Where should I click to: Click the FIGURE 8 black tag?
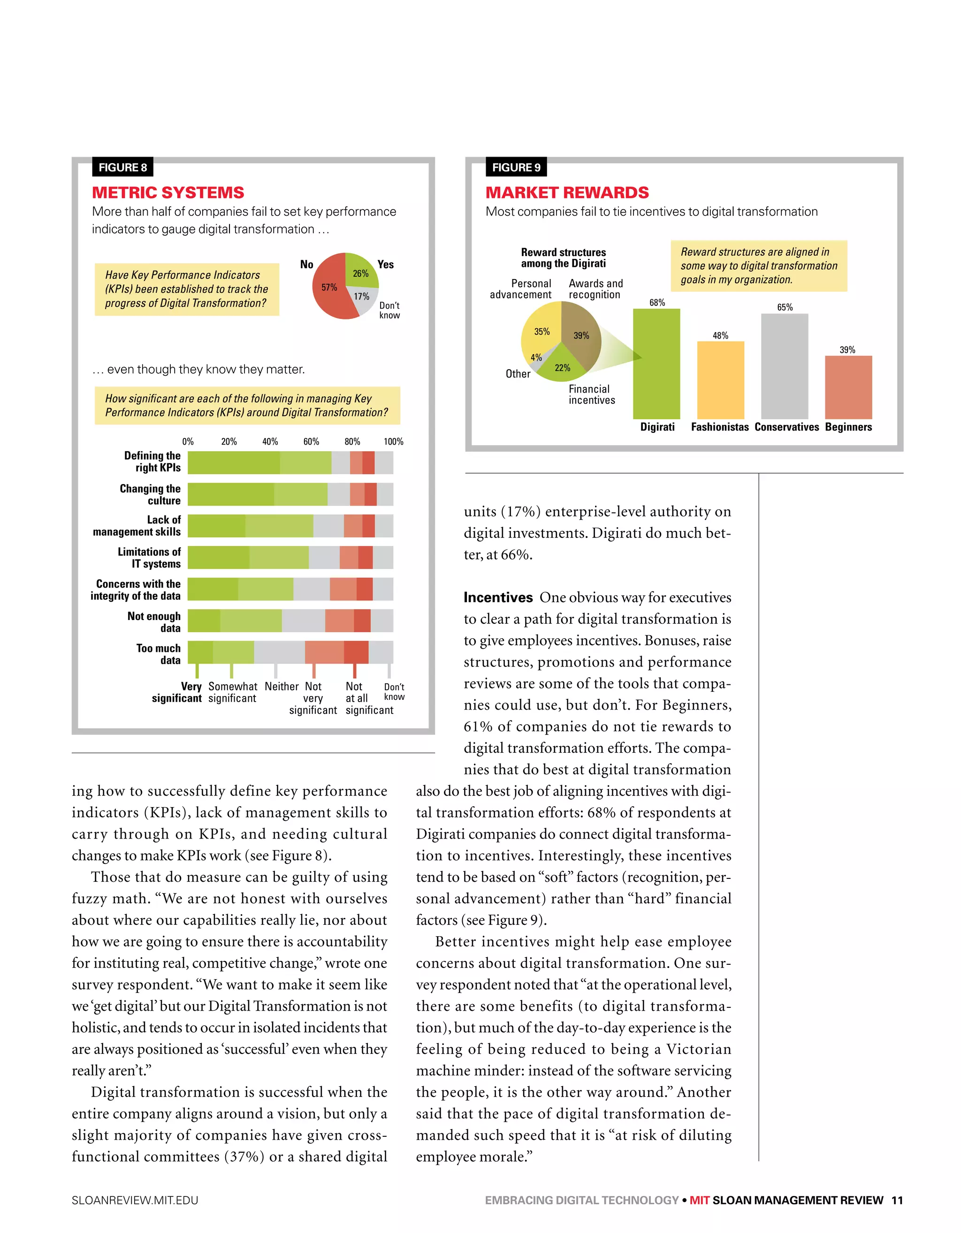click(122, 167)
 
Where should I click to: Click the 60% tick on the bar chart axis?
click(311, 441)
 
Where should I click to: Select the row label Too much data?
click(158, 654)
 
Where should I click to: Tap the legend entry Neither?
click(282, 687)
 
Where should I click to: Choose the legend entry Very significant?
click(177, 692)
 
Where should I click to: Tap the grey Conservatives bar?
click(784, 366)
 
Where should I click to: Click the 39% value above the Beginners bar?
click(847, 349)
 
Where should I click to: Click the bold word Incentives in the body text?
click(498, 598)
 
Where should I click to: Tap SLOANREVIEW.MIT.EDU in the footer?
click(135, 1200)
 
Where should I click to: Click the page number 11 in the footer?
click(897, 1200)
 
